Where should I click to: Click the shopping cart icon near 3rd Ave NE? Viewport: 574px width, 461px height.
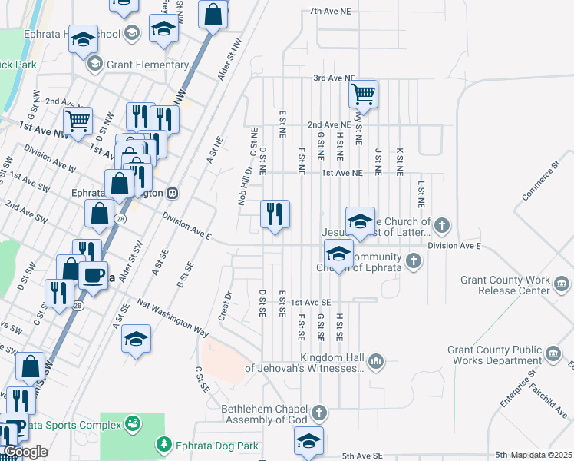click(363, 95)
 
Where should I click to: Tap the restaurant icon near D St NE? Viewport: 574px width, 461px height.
click(275, 213)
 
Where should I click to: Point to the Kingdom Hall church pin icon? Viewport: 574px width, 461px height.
click(376, 361)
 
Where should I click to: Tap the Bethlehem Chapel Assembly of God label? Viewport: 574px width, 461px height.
click(265, 413)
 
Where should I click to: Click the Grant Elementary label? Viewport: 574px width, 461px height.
click(147, 65)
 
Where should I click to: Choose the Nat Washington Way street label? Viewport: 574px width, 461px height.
click(173, 317)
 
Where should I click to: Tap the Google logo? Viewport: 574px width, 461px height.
click(25, 452)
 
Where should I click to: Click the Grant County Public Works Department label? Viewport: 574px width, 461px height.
click(494, 355)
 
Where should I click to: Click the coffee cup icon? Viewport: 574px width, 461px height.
click(93, 274)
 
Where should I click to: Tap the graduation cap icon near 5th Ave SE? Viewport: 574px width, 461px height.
click(308, 440)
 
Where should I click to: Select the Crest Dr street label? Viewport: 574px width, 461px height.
click(225, 306)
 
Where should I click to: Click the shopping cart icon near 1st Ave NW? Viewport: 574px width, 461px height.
click(78, 121)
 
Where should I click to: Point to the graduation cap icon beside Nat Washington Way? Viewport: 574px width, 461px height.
click(136, 338)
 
